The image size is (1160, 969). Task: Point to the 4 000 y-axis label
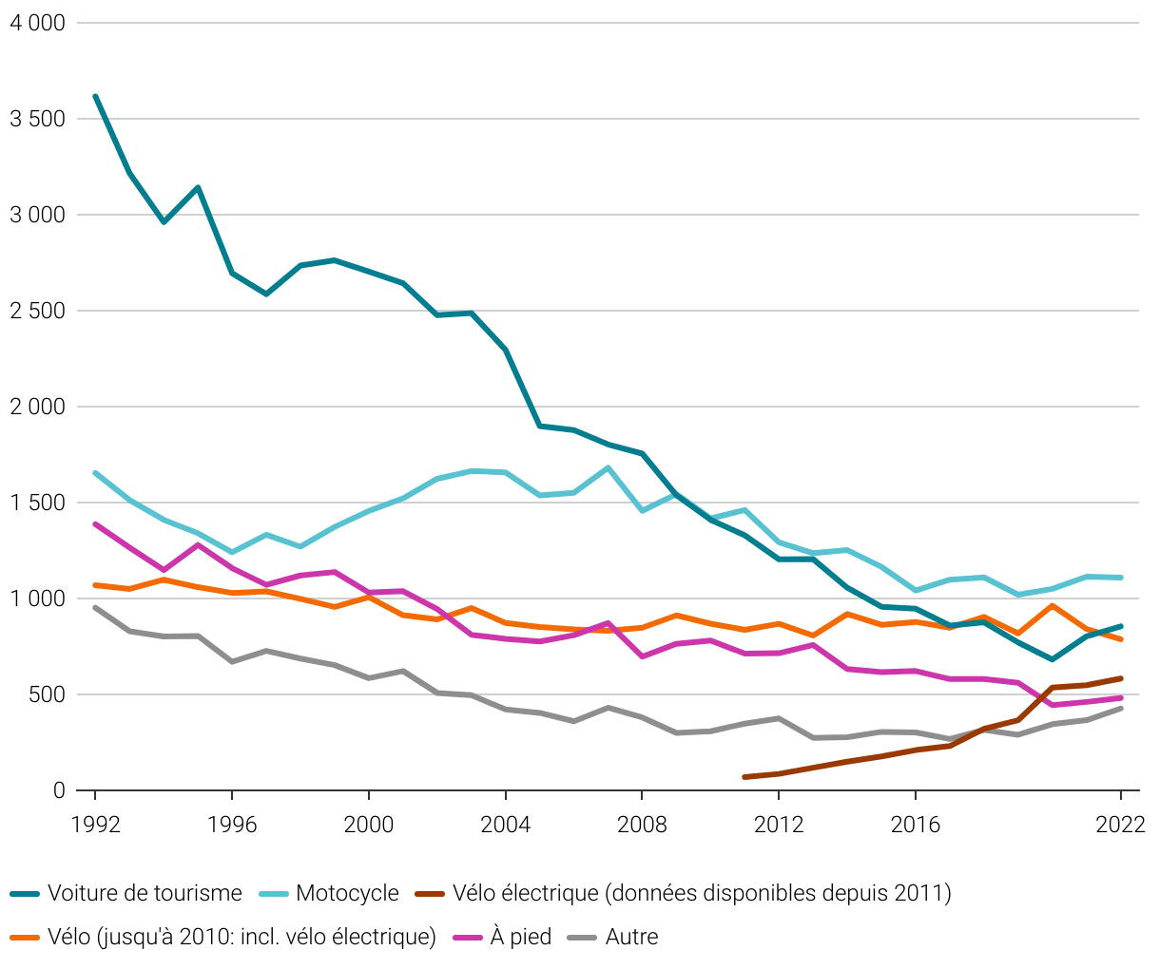[37, 23]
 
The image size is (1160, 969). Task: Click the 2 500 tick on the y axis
[37, 311]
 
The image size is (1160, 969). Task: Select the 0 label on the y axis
[59, 790]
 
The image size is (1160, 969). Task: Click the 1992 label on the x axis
[95, 825]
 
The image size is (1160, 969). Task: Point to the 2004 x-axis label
[505, 825]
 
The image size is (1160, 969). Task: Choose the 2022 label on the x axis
[1120, 825]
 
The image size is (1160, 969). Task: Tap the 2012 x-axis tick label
[779, 825]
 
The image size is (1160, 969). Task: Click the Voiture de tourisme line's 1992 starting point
[95, 96]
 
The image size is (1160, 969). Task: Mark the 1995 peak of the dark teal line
[198, 187]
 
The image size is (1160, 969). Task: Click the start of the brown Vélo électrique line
[744, 777]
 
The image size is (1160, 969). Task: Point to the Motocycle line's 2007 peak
[608, 467]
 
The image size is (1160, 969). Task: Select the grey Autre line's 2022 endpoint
[1120, 709]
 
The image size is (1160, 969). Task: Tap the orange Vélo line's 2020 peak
[1052, 605]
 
